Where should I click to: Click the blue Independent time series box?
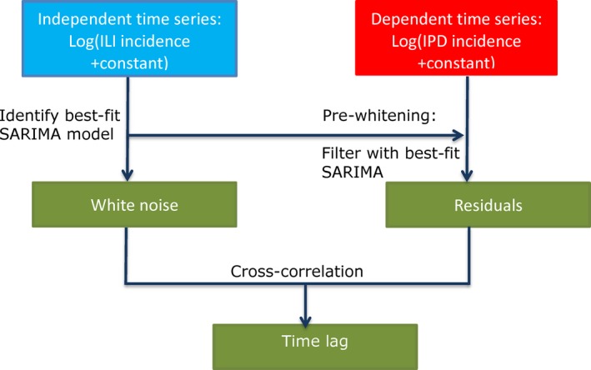tap(130, 38)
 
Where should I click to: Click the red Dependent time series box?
tap(456, 37)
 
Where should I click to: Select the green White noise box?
tap(134, 205)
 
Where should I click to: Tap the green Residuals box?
tap(488, 205)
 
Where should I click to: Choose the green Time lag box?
tap(315, 347)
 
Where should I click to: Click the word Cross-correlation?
tap(297, 272)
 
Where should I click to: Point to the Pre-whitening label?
tap(379, 115)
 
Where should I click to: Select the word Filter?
tap(341, 153)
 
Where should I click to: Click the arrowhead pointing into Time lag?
tap(305, 321)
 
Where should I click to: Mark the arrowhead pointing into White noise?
tap(128, 175)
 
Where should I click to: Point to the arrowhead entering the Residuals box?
tap(467, 176)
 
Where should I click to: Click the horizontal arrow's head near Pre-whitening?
tap(458, 135)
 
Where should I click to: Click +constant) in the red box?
tap(456, 63)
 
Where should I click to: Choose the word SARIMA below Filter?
tap(353, 172)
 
